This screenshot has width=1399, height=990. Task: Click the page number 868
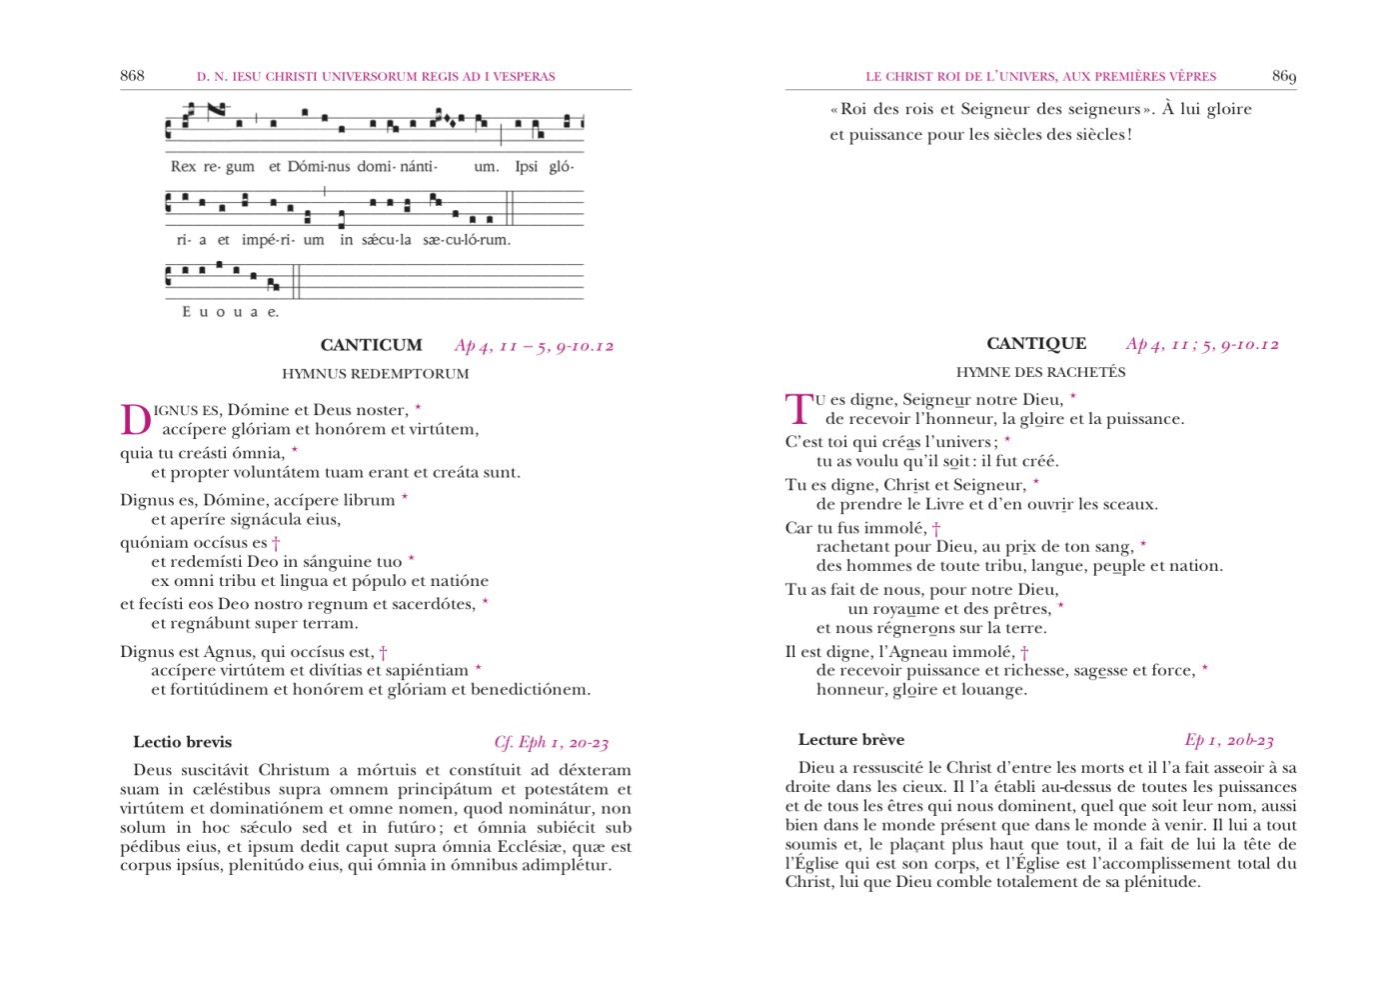click(x=132, y=76)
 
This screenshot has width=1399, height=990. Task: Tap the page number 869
click(x=1283, y=76)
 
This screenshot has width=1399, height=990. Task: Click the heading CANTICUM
click(x=371, y=345)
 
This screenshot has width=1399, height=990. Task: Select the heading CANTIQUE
click(x=1035, y=343)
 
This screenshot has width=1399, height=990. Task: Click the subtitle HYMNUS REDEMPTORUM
click(x=375, y=374)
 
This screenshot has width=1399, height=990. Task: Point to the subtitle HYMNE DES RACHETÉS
click(x=1040, y=372)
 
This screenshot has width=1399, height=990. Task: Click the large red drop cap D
click(x=135, y=420)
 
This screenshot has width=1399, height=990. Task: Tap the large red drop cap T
click(x=798, y=410)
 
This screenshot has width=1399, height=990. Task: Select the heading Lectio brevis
click(x=182, y=742)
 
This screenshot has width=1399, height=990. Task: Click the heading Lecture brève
click(x=850, y=740)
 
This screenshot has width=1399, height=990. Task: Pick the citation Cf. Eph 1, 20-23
click(x=551, y=742)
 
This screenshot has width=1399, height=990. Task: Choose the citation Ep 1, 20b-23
click(x=1228, y=740)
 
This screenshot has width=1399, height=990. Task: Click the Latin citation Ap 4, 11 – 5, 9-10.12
click(x=534, y=346)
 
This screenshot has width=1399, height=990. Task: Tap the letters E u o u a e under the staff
click(x=230, y=312)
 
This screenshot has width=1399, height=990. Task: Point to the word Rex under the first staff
click(x=183, y=166)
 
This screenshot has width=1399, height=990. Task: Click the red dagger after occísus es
click(x=276, y=543)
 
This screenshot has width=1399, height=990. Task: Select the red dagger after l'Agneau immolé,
click(x=1024, y=652)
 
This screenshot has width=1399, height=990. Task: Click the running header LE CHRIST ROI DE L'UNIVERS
click(x=1040, y=76)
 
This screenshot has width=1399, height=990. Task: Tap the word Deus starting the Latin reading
click(x=153, y=770)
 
